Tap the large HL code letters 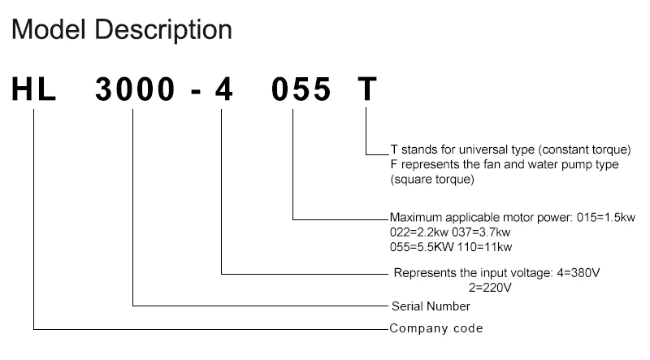[33, 89]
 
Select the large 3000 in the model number [135, 89]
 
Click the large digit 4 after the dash [223, 89]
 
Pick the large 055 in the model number [301, 89]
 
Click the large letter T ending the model [367, 89]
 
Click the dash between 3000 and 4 [195, 90]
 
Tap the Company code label [436, 328]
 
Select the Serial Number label [431, 307]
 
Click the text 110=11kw [485, 246]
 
